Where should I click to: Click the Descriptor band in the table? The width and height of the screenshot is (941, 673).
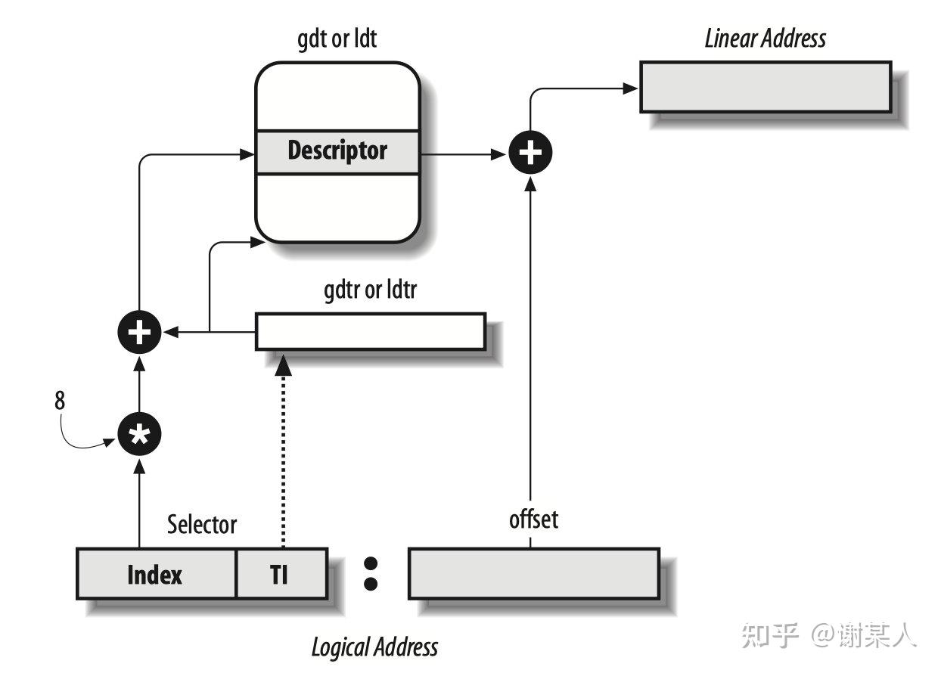tap(337, 151)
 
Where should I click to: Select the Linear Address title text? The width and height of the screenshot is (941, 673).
tap(765, 39)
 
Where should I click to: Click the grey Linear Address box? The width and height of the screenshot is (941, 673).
tap(765, 87)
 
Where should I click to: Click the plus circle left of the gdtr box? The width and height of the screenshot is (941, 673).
tap(140, 332)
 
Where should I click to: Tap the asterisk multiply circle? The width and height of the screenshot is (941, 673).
tap(140, 433)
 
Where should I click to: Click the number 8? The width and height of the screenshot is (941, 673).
tap(60, 401)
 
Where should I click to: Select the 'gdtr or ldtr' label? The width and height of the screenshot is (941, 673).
tap(370, 290)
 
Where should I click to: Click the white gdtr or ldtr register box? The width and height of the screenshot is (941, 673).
tap(370, 331)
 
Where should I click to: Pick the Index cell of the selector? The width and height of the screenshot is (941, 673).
tap(156, 575)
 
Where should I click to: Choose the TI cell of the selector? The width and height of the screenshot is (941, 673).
tap(281, 575)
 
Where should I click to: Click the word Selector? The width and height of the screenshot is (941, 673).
tap(202, 524)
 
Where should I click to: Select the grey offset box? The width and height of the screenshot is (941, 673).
tap(533, 573)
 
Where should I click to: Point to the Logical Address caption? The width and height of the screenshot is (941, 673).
tap(374, 647)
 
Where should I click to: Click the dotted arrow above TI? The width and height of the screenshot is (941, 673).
tap(283, 454)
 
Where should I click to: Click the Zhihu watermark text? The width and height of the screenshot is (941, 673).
tap(829, 635)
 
